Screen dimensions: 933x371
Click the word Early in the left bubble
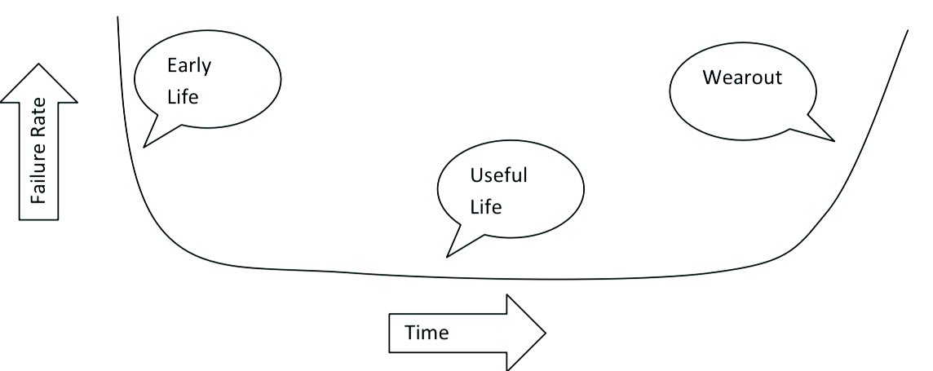(x=188, y=66)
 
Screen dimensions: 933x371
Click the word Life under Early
(x=183, y=96)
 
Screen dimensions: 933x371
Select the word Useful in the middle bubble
(x=498, y=175)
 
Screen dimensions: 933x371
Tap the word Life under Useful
(x=486, y=206)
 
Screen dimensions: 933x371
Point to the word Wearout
(x=742, y=77)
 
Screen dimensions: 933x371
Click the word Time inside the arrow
(x=427, y=333)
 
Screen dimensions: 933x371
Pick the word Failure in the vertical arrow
(x=38, y=175)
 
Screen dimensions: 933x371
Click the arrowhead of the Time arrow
(x=527, y=333)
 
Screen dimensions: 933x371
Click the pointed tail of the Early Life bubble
(x=145, y=146)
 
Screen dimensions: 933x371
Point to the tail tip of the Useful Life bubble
(x=447, y=256)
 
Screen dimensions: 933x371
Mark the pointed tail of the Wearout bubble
(x=834, y=140)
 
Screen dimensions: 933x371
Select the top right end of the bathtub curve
(x=907, y=31)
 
